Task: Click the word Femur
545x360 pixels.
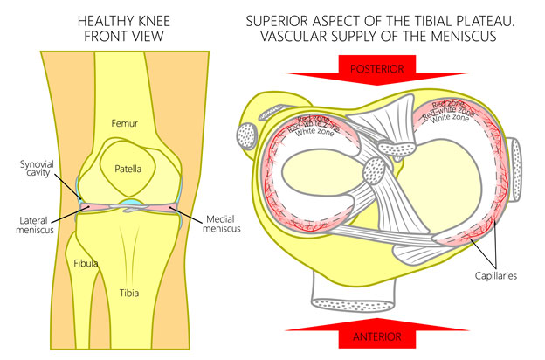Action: (124, 125)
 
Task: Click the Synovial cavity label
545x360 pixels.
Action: (38, 169)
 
